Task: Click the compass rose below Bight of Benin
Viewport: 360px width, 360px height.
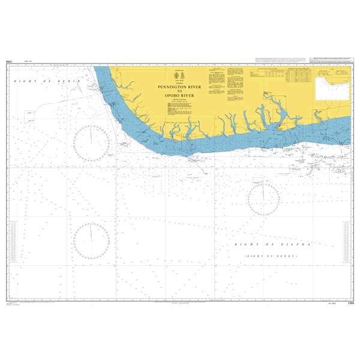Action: coord(91,144)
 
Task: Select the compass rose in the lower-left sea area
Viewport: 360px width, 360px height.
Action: coord(92,241)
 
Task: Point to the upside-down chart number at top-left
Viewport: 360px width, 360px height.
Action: coord(10,61)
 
